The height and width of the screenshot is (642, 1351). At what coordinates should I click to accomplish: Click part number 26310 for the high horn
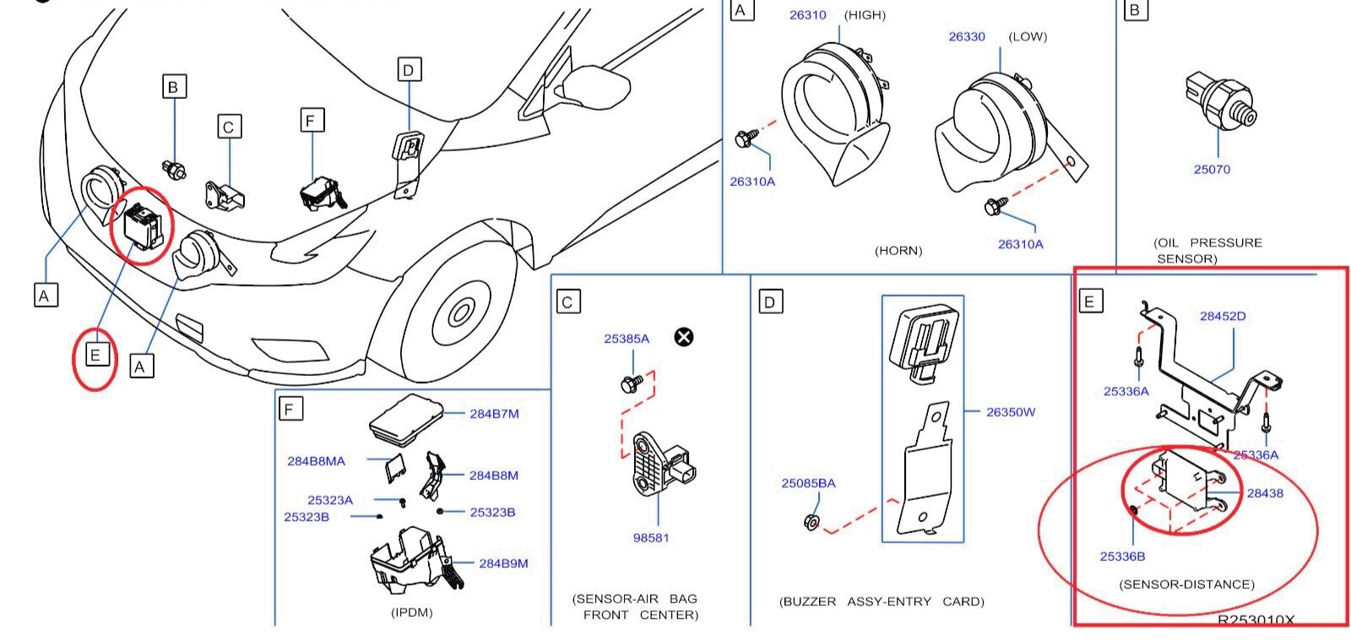(x=808, y=15)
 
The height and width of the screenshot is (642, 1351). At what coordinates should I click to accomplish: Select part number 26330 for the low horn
(x=967, y=37)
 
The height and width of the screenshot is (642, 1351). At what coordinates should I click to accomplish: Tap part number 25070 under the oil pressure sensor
(x=1212, y=170)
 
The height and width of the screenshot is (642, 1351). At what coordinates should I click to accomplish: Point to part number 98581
(x=651, y=537)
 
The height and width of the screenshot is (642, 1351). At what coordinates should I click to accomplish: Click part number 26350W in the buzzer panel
(x=1011, y=412)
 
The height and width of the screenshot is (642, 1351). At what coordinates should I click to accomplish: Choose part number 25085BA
(x=808, y=483)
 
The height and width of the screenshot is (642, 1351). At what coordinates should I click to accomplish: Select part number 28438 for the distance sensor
(x=1265, y=493)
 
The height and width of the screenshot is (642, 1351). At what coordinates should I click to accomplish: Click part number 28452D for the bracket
(x=1223, y=316)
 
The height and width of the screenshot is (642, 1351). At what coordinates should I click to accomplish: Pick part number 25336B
(x=1122, y=557)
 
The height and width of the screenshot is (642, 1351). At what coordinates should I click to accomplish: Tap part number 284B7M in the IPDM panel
(x=494, y=414)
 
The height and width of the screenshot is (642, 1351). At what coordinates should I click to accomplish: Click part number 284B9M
(x=503, y=563)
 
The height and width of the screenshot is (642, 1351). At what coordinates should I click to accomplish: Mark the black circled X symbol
(x=684, y=337)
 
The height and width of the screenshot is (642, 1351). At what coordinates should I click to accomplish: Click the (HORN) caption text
(x=898, y=251)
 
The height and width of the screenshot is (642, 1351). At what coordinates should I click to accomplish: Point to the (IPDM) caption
(x=412, y=612)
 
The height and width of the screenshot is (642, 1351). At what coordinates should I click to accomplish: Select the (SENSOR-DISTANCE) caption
(x=1186, y=585)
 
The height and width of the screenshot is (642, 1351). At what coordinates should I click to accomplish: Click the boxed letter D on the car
(x=408, y=70)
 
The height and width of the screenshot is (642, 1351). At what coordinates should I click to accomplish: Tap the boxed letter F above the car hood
(x=311, y=121)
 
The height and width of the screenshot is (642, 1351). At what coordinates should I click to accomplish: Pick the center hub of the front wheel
(x=461, y=314)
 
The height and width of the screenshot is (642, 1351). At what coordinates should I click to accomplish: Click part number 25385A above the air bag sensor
(x=627, y=339)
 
